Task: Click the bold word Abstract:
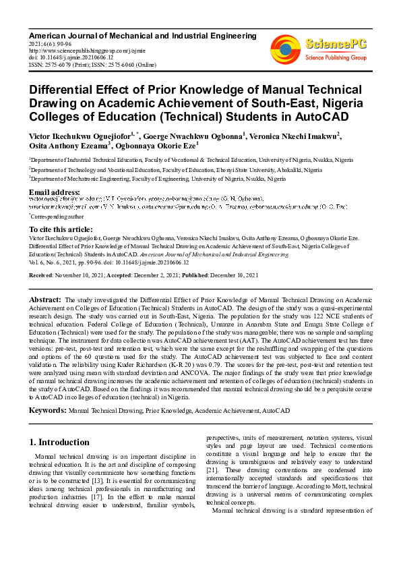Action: click(46, 299)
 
